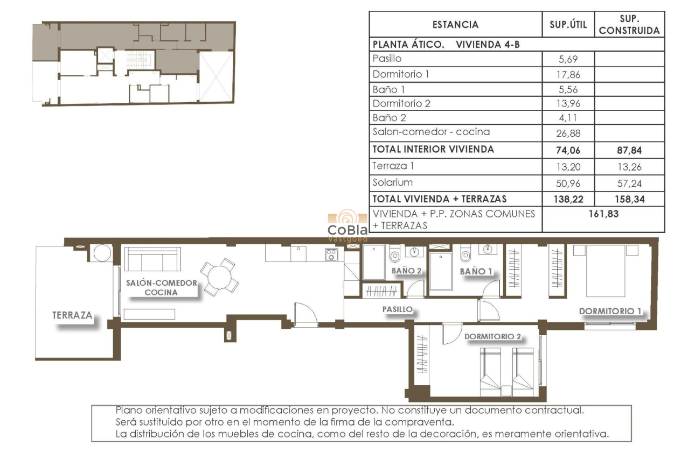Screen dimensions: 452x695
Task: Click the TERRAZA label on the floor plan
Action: click(x=72, y=315)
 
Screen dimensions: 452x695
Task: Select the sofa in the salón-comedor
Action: click(x=151, y=259)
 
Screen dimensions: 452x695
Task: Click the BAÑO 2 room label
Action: click(x=406, y=271)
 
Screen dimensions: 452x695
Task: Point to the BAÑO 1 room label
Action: click(x=476, y=272)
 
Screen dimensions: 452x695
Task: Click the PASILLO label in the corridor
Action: click(x=397, y=309)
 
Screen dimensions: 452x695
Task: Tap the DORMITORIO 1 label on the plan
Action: click(x=610, y=311)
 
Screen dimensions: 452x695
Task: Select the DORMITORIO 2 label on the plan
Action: click(x=492, y=336)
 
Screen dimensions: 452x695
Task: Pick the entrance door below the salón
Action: click(x=305, y=316)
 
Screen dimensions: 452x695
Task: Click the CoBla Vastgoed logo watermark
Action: click(x=347, y=226)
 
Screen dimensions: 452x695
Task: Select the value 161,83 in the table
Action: click(x=603, y=214)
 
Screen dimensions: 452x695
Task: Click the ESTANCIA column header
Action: click(x=455, y=25)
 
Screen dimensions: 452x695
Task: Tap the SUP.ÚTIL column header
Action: click(x=567, y=25)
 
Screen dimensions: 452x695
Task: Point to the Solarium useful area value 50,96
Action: click(x=567, y=183)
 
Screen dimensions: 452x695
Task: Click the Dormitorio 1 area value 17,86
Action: click(x=567, y=75)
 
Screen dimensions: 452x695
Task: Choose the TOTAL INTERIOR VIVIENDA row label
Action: click(x=433, y=150)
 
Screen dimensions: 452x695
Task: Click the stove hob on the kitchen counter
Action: click(x=331, y=255)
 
